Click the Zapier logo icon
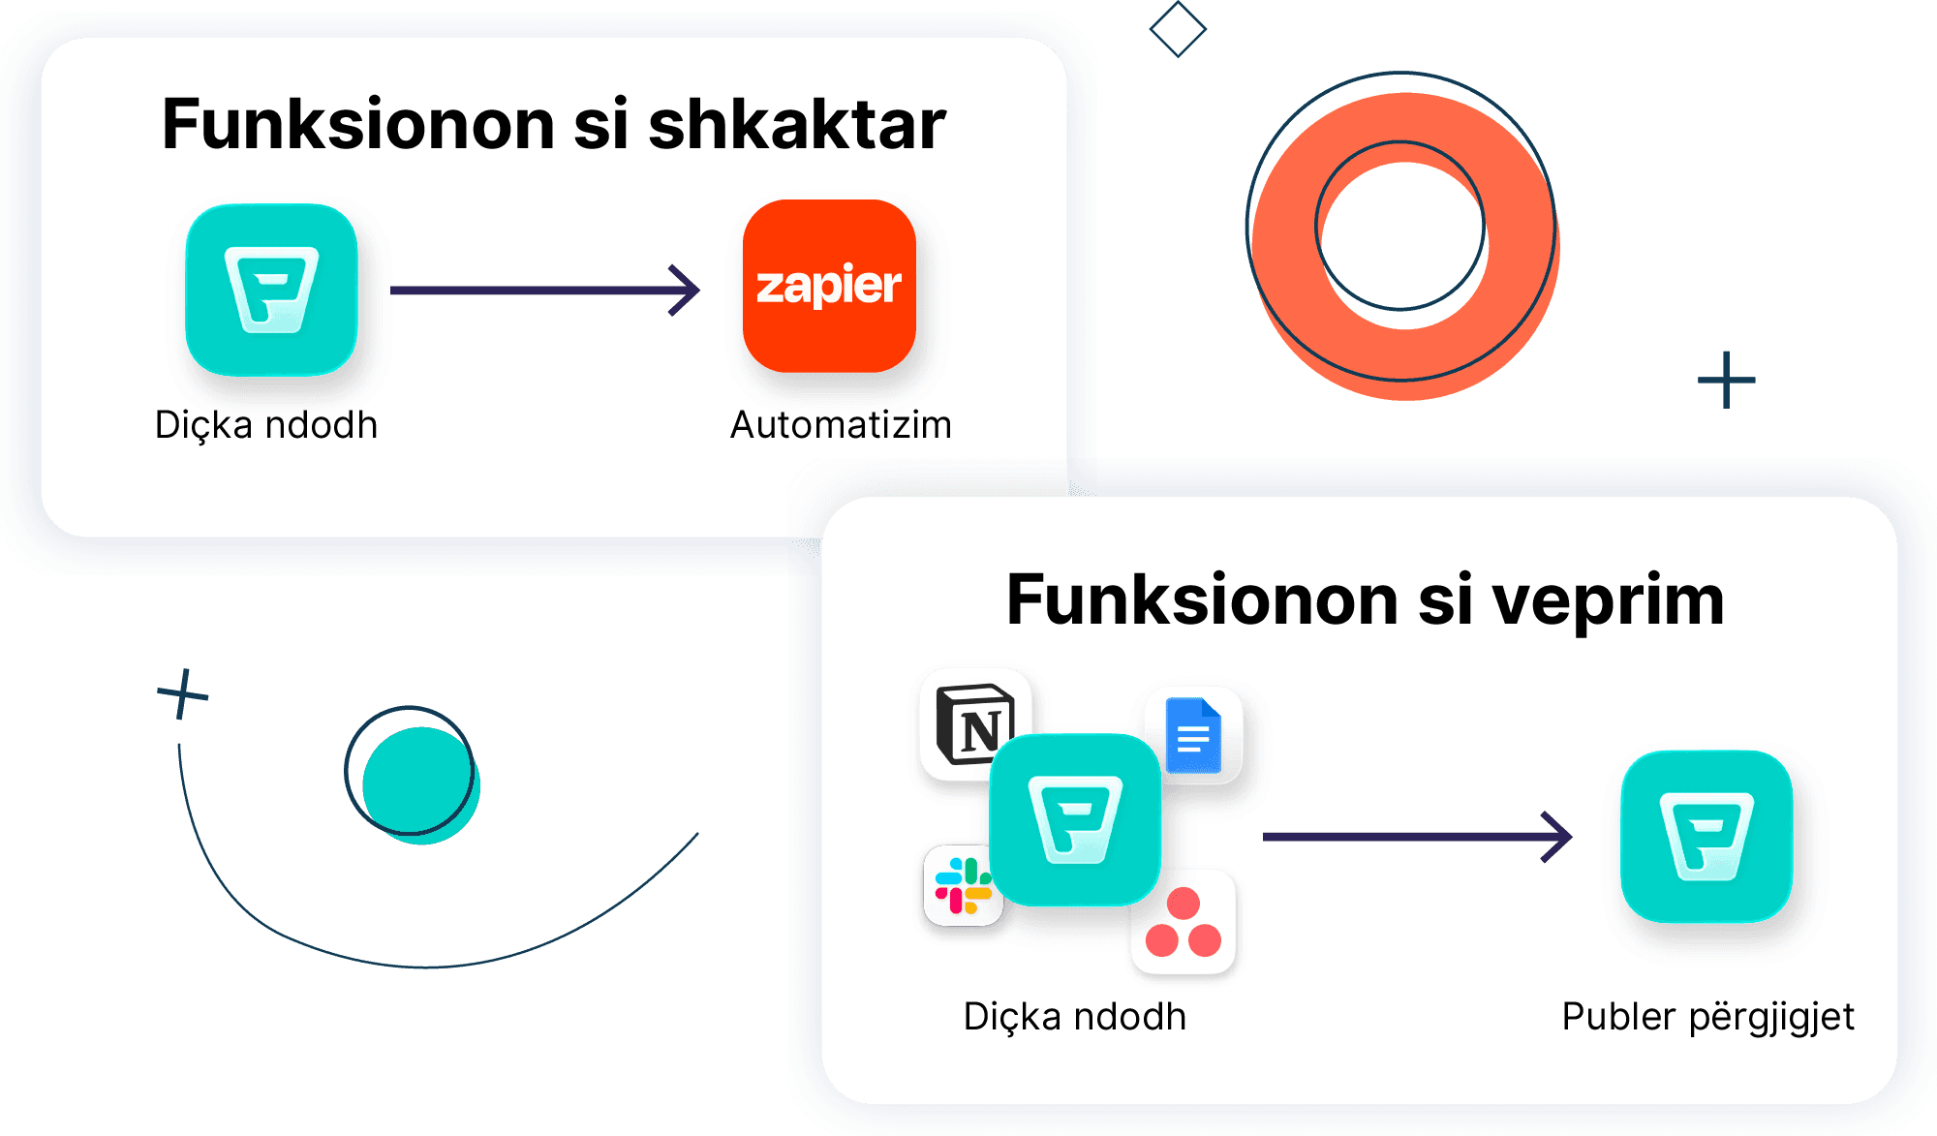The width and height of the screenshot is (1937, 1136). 829,286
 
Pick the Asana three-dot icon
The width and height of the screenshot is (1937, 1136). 1184,923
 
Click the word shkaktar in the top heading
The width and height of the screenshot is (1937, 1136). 796,125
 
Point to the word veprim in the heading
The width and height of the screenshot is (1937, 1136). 1608,600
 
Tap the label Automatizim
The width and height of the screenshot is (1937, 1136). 841,425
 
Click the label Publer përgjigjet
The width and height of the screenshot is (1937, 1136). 1707,1017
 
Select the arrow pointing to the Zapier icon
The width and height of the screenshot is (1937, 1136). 544,290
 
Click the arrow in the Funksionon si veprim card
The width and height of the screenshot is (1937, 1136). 1417,836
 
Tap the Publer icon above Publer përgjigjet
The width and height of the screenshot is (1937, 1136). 1706,836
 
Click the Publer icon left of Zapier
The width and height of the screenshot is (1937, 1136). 271,290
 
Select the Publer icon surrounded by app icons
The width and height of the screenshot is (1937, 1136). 1075,819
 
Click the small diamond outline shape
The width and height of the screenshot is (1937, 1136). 1178,29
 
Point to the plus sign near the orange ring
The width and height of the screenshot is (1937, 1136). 1726,380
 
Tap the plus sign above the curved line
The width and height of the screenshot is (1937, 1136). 182,693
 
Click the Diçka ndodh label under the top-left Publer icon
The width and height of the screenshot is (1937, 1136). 266,425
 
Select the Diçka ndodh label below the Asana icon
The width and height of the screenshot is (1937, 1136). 1075,1017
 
